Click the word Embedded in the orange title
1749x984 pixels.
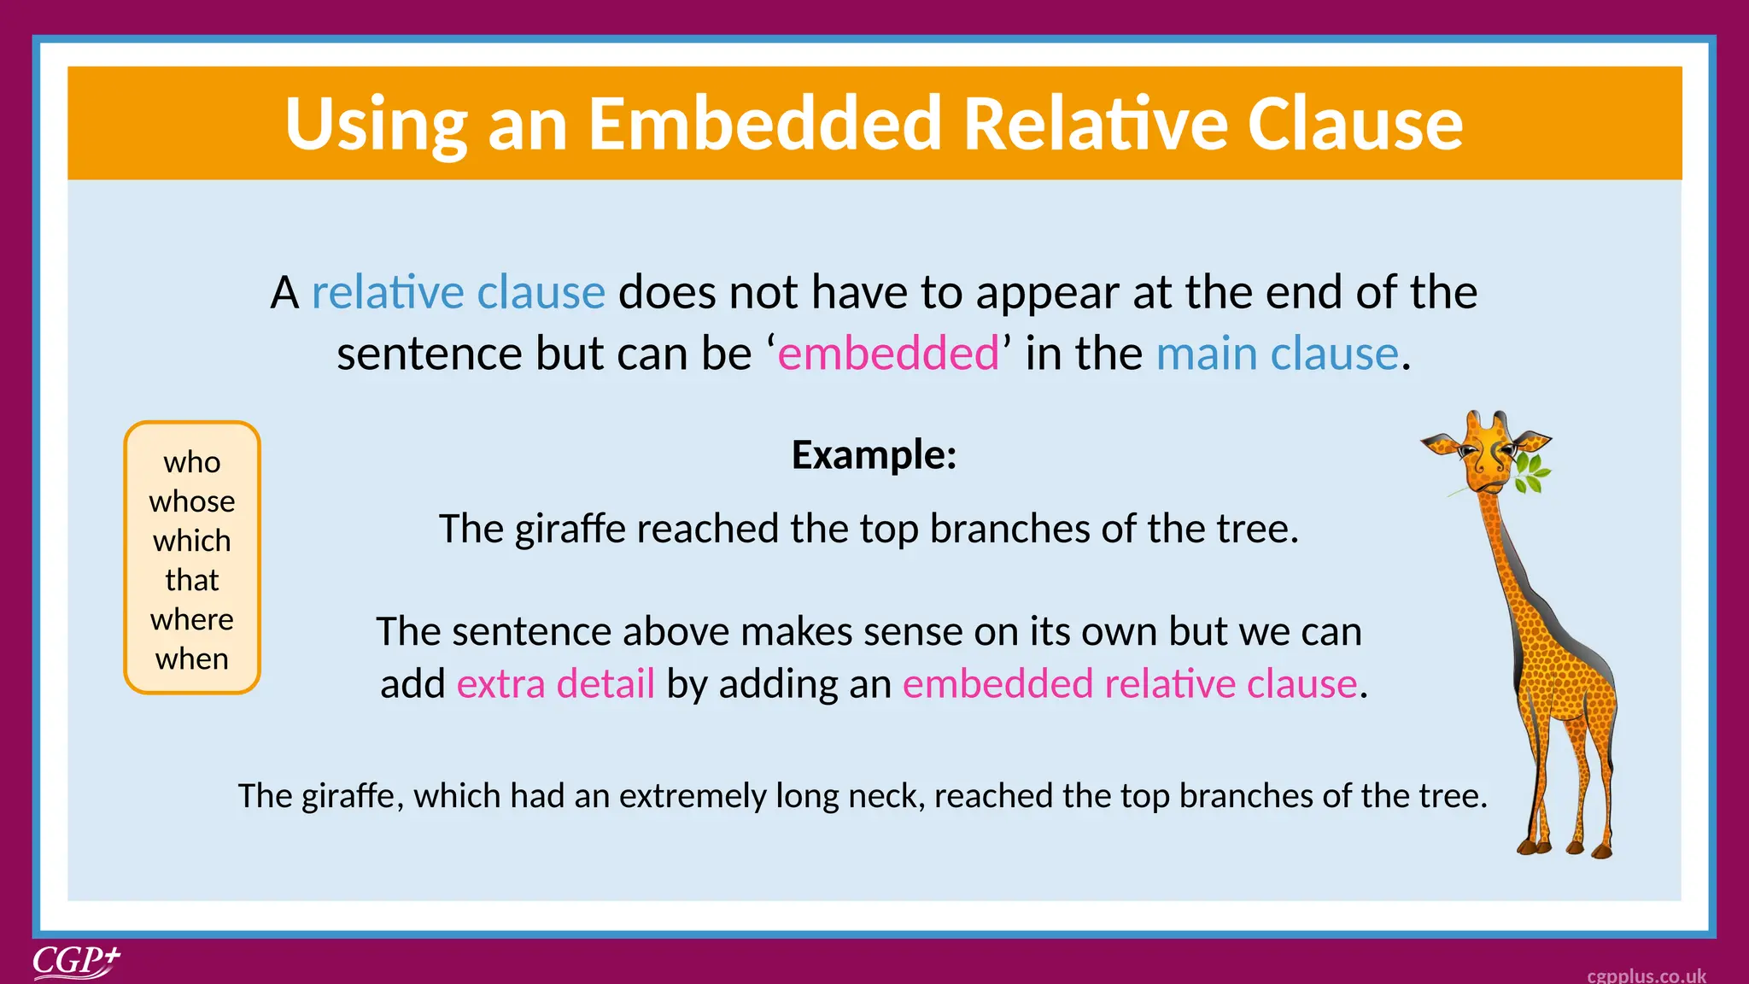tap(765, 124)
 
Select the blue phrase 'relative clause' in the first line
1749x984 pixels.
tap(458, 293)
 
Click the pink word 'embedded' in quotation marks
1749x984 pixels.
tap(888, 354)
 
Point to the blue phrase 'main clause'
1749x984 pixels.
tap(1277, 354)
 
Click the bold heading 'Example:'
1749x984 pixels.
tap(874, 454)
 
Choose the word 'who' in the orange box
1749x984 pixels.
tap(192, 463)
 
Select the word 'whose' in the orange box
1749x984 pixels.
tap(192, 501)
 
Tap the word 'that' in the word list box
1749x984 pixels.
tap(192, 581)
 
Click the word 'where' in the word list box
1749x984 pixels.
tap(192, 620)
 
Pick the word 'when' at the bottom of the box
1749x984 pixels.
tap(192, 659)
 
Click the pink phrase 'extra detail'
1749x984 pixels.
tap(555, 684)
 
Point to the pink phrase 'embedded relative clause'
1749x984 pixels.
tap(1129, 684)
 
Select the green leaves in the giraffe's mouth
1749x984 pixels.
tap(1532, 475)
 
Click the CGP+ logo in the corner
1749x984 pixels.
tap(76, 962)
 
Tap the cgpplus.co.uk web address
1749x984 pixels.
tap(1646, 975)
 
